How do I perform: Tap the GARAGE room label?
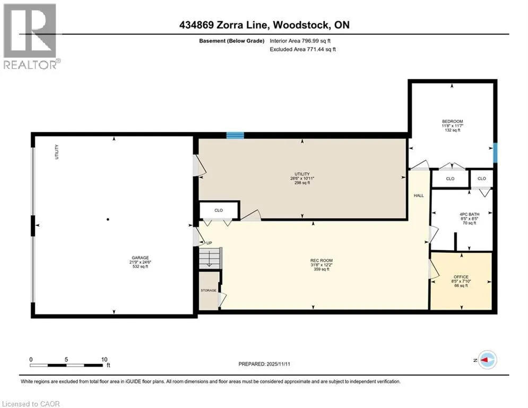point(140,258)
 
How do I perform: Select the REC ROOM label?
point(321,260)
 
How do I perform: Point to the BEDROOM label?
point(452,121)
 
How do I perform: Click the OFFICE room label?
point(461,277)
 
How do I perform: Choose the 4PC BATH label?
point(470,214)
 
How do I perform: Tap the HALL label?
point(419,195)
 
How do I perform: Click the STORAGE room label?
point(209,290)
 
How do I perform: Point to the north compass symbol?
point(487,360)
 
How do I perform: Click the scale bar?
point(66,365)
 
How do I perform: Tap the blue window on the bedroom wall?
point(495,153)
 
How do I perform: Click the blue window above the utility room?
point(235,135)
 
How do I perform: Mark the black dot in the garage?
point(108,219)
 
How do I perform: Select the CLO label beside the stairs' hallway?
point(219,210)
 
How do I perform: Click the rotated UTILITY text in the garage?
point(57,152)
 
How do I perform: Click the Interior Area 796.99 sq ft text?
point(300,41)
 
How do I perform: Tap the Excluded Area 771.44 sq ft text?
point(302,49)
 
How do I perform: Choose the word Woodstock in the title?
point(301,25)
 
